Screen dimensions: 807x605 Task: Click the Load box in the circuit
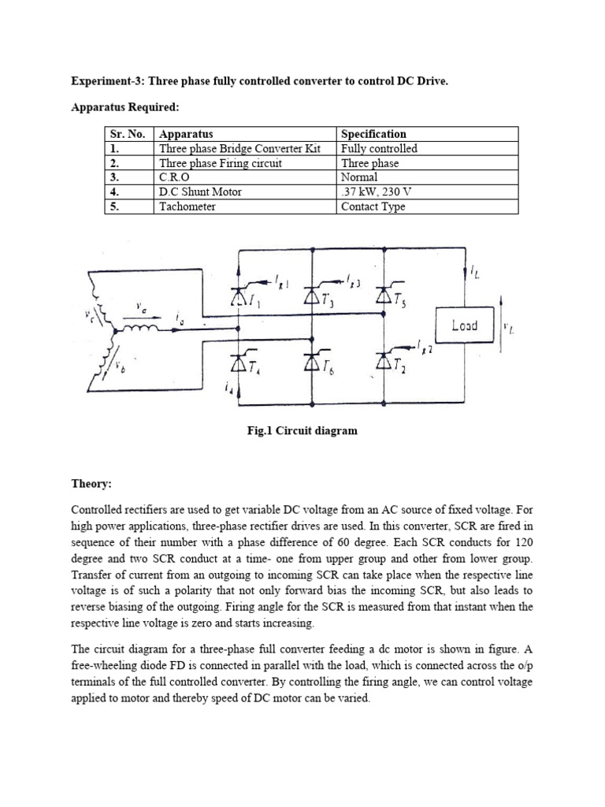[x=465, y=325]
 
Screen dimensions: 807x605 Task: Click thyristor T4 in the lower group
[x=237, y=361]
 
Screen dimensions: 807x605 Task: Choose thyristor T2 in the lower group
[x=384, y=361]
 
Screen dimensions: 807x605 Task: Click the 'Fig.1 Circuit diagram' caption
[x=302, y=430]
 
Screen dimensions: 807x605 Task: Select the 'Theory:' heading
[x=92, y=485]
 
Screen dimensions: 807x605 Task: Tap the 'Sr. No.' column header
[x=127, y=134]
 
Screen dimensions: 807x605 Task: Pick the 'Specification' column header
[x=373, y=134]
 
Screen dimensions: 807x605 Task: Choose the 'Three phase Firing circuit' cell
[x=220, y=163]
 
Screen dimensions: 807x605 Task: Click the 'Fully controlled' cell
[x=379, y=148]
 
